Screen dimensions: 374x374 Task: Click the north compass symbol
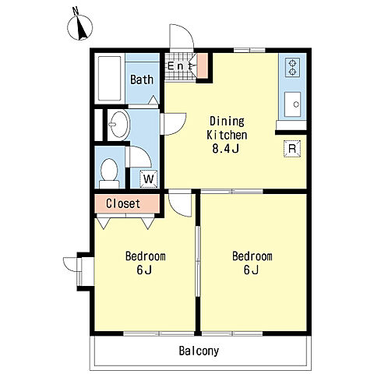[x=79, y=26]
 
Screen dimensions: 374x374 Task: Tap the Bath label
[x=142, y=79]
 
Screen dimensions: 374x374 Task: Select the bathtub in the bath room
[x=110, y=79]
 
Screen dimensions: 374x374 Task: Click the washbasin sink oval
[x=119, y=125]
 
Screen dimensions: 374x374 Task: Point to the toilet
[x=109, y=173]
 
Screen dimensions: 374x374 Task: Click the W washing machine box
[x=149, y=178]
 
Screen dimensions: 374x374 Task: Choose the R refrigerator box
[x=292, y=149]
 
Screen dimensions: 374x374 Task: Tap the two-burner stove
[x=292, y=67]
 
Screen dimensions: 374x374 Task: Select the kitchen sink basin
[x=292, y=104]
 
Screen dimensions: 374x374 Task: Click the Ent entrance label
[x=180, y=66]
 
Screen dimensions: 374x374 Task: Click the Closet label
[x=123, y=203]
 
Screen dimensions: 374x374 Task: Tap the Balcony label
[x=199, y=351]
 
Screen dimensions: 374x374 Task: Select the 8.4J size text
[x=225, y=149]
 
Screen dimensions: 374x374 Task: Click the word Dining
[x=227, y=122]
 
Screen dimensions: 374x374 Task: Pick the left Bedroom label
[x=146, y=256]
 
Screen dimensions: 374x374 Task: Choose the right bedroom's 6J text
[x=251, y=270]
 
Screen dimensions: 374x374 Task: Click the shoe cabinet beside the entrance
[x=203, y=66]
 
